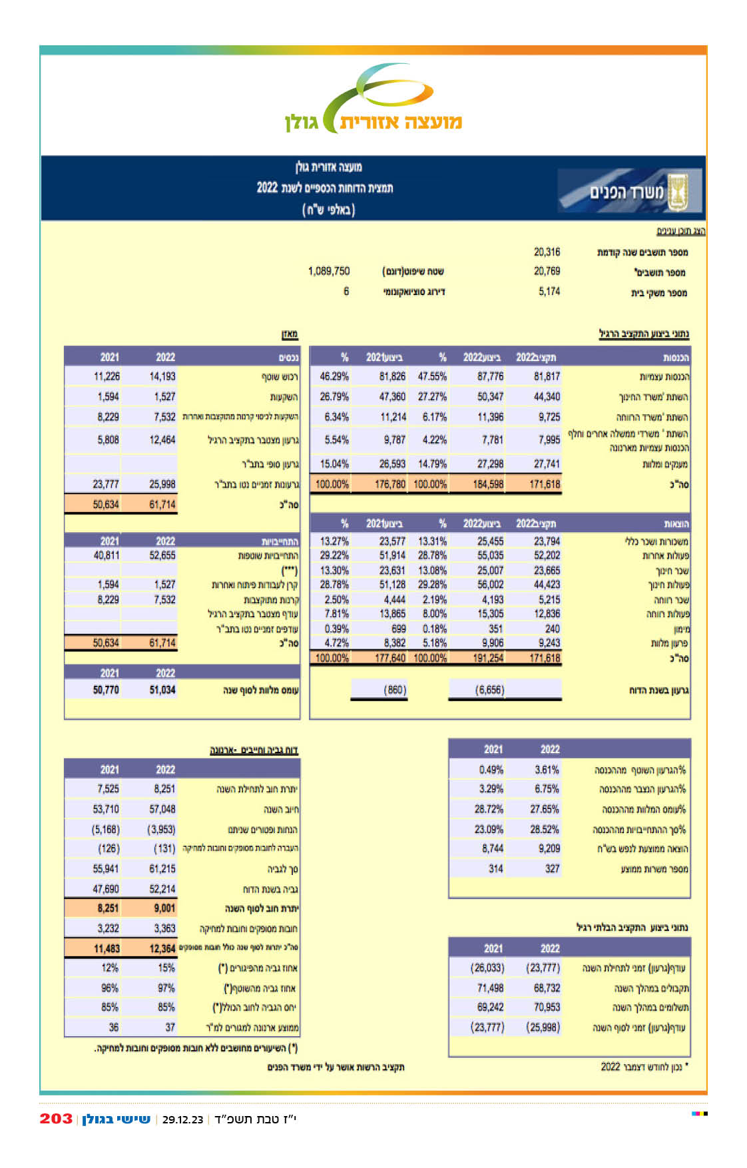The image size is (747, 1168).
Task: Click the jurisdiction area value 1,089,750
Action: (x=328, y=271)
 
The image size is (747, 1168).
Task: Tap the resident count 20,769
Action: (x=547, y=271)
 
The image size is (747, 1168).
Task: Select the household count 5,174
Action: (x=549, y=291)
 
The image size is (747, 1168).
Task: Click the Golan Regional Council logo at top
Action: (x=373, y=100)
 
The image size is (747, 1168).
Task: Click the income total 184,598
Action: (x=488, y=484)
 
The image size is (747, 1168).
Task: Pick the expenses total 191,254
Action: (x=488, y=657)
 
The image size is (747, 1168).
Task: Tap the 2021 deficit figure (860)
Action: (x=395, y=690)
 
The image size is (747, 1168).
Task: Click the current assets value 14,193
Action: (x=162, y=376)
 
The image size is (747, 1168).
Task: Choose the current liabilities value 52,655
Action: (x=162, y=555)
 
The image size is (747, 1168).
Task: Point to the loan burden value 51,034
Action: (x=162, y=690)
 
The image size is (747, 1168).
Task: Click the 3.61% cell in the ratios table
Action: (x=547, y=769)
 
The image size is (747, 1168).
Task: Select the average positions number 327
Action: (x=552, y=868)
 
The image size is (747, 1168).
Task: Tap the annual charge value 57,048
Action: (x=162, y=809)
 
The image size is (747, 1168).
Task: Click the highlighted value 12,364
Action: (x=162, y=948)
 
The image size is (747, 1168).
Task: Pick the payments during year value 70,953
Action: (x=547, y=1007)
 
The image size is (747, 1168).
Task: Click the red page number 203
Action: (x=56, y=1118)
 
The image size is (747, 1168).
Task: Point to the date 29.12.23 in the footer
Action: (x=182, y=1119)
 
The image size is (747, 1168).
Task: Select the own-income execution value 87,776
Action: (x=490, y=376)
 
